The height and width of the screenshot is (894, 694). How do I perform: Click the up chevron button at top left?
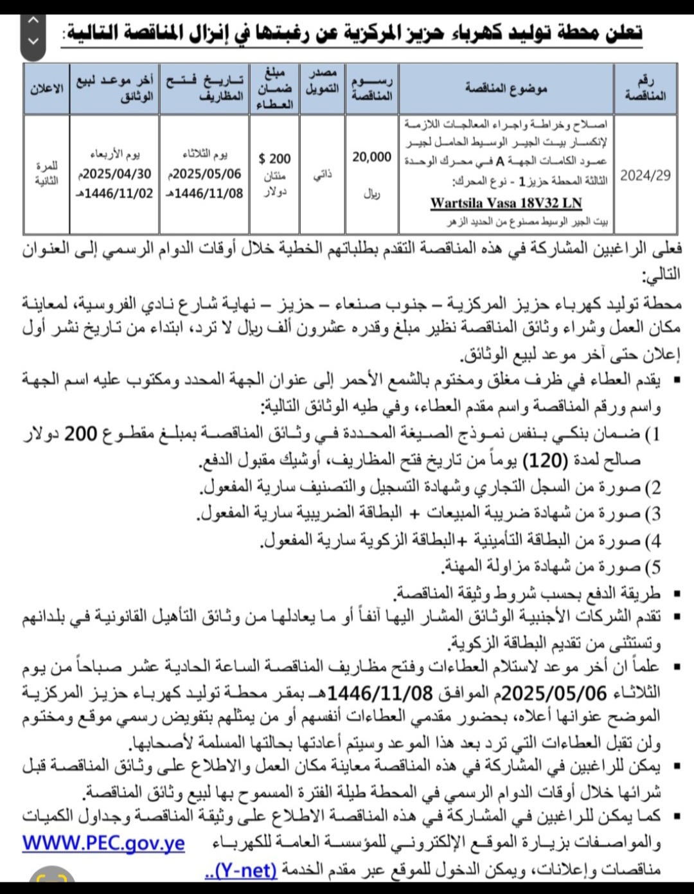click(34, 21)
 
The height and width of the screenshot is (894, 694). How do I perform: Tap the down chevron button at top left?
click(34, 40)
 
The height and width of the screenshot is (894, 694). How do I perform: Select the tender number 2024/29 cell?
click(645, 175)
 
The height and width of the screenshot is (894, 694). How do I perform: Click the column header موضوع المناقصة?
click(506, 89)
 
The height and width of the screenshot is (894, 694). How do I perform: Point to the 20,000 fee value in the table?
click(371, 157)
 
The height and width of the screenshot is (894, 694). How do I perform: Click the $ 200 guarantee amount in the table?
click(274, 159)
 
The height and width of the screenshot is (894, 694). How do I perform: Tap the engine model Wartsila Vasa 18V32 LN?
click(506, 203)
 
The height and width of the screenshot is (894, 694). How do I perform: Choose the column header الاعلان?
click(46, 89)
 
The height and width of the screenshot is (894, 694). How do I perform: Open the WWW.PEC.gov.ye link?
click(103, 843)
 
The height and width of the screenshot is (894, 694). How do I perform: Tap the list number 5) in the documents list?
click(653, 568)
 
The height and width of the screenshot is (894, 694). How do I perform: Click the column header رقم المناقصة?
click(645, 89)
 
